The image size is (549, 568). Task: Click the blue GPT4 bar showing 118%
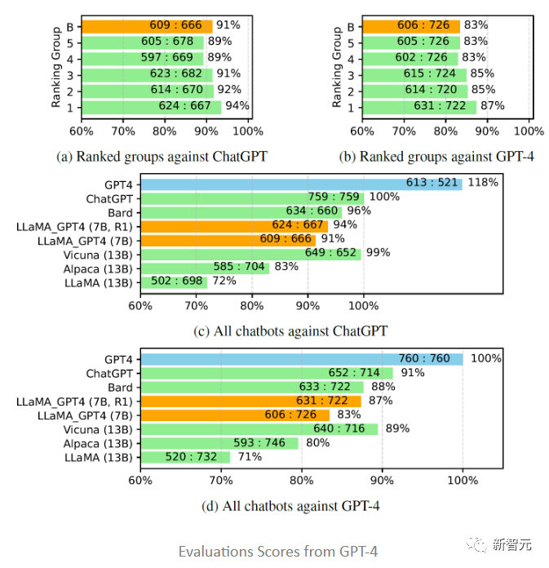[x=301, y=184]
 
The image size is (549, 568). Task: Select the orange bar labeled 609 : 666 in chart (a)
[x=146, y=26]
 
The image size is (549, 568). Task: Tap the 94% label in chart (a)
[x=237, y=106]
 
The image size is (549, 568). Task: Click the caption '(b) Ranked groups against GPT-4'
[x=436, y=157]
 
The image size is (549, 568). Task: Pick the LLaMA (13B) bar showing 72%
[x=174, y=282]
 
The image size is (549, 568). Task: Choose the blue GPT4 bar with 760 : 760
[x=302, y=359]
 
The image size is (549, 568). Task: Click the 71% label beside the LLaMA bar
[x=250, y=457]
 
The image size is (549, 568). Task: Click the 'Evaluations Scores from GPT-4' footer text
[x=278, y=551]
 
